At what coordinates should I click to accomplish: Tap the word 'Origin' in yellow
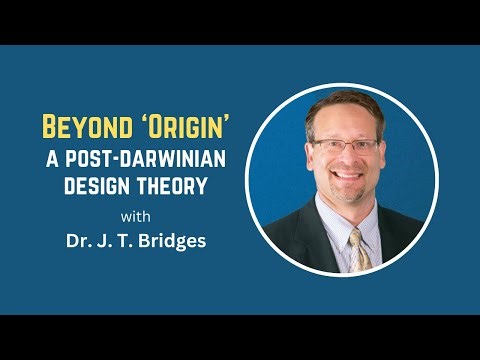tap(171, 128)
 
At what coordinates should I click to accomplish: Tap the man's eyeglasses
tap(345, 147)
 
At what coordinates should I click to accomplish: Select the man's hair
tap(345, 104)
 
